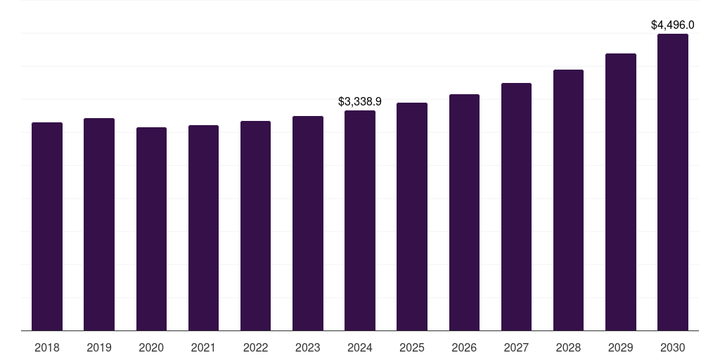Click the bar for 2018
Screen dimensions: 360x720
pos(47,226)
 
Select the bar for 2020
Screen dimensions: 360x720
pos(151,229)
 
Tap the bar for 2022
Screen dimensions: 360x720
pos(255,226)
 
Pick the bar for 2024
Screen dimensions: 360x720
pos(360,220)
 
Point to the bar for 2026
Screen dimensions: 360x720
pos(464,212)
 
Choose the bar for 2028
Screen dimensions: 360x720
pos(568,200)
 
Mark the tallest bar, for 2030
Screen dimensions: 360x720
pos(673,182)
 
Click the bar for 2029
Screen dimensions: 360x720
pos(621,192)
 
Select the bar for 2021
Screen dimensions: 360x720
pos(203,228)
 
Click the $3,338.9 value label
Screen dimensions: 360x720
pos(360,102)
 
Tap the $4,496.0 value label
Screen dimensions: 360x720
pos(673,25)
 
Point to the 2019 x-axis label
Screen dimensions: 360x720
pos(99,347)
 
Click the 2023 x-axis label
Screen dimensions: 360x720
pos(308,347)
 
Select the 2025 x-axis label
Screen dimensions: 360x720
pos(412,347)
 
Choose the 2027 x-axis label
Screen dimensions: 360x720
pos(516,347)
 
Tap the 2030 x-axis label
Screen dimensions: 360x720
pos(673,347)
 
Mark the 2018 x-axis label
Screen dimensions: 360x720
pos(47,347)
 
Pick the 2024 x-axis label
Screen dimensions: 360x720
pos(360,347)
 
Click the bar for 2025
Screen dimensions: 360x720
pos(412,217)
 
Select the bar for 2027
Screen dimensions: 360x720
pos(516,207)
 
